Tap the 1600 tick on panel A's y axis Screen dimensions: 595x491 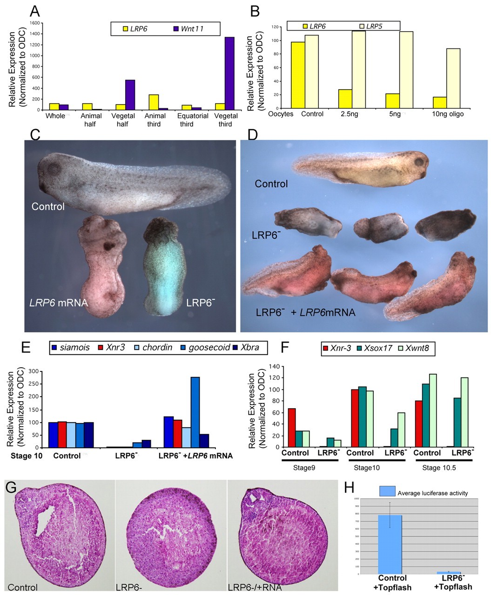(34, 23)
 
